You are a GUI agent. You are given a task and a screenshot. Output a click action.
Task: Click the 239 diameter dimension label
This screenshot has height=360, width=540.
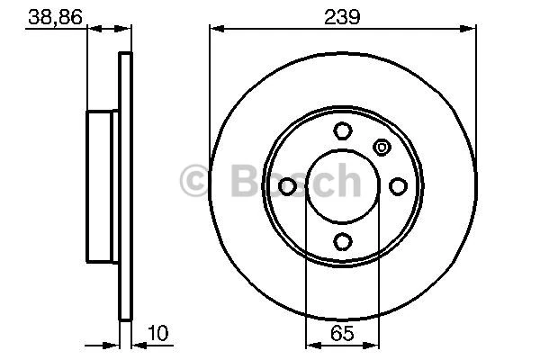coord(343,15)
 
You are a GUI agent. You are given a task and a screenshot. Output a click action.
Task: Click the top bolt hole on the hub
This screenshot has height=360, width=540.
coord(342,130)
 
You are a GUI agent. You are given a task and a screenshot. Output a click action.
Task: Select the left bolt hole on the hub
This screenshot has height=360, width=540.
coord(288,185)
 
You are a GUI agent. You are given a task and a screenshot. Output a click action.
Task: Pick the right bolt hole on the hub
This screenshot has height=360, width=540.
coord(398,185)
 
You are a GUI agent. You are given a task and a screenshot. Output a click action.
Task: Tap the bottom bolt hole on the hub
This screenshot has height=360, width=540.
coord(342,241)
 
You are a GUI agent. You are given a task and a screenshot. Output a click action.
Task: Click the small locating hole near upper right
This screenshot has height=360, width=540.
coord(381,148)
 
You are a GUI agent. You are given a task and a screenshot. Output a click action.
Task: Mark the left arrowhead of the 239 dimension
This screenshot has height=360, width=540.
coord(214,29)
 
